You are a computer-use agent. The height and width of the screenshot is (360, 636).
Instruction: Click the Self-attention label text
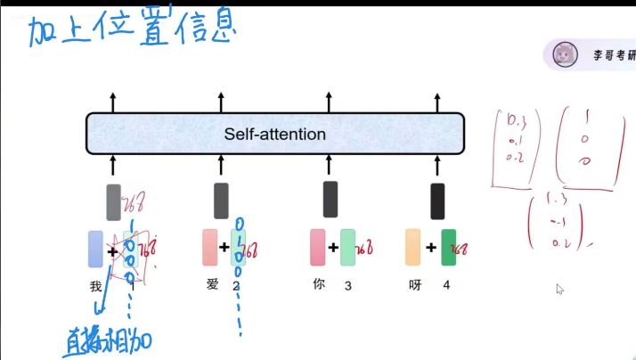tap(274, 135)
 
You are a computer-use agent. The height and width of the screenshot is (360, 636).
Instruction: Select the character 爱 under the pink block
tap(210, 285)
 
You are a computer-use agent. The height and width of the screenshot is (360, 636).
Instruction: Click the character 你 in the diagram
tap(319, 285)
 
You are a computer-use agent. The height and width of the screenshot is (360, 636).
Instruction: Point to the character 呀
tap(415, 285)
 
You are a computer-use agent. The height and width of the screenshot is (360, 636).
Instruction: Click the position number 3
tap(348, 285)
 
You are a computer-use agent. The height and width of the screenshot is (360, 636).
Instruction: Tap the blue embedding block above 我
tap(95, 249)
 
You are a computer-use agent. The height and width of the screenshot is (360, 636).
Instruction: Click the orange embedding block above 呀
tap(412, 248)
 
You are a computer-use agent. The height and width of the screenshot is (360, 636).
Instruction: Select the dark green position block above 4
tap(448, 248)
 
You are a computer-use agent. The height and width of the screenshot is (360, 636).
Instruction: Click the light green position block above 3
tap(347, 248)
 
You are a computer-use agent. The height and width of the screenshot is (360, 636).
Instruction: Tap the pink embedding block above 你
tap(317, 248)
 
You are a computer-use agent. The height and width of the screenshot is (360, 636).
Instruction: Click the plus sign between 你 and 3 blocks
tap(332, 249)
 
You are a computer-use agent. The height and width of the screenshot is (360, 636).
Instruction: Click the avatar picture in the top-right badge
tap(563, 55)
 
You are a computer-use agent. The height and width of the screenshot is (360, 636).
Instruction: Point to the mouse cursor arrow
tap(559, 289)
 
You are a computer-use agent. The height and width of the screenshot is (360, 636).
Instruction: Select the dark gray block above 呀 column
tap(437, 200)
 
